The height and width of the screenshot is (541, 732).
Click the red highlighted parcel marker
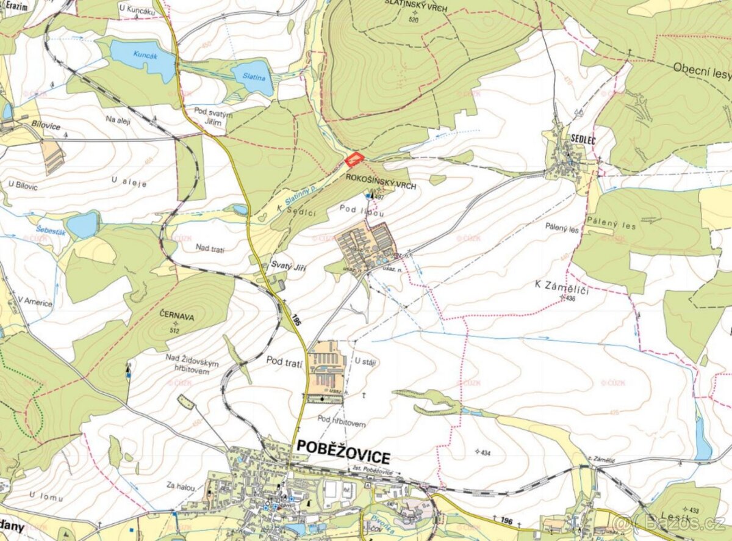354,159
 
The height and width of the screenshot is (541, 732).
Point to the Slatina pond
253,77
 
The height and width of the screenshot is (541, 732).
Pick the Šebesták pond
82,225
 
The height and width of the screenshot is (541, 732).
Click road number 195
297,319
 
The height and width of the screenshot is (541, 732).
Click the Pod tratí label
285,360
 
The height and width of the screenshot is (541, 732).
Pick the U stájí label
365,363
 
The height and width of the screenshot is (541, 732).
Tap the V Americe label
35,302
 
